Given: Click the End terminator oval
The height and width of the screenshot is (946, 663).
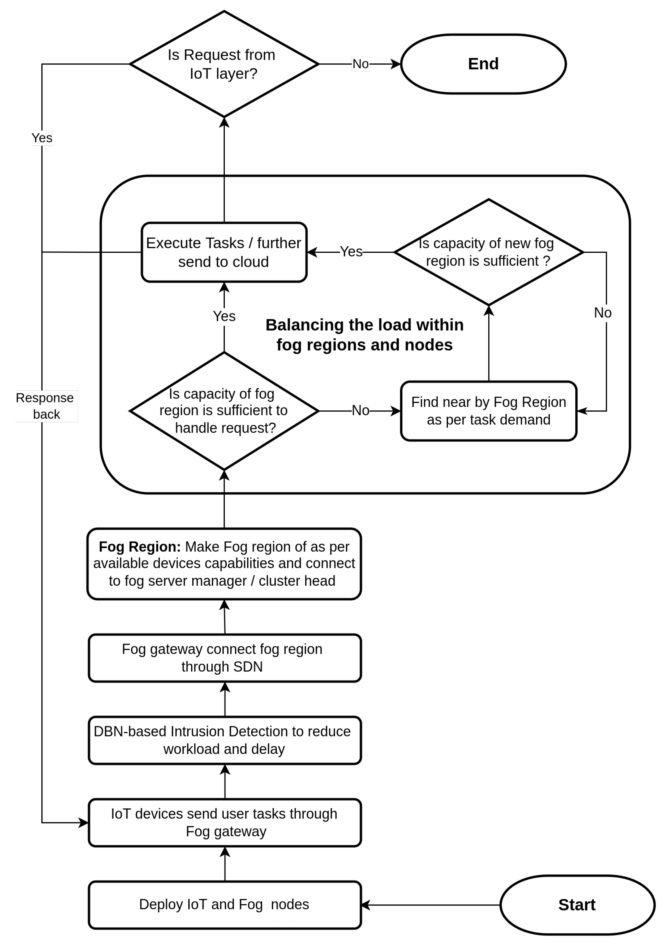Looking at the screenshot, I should click(483, 64).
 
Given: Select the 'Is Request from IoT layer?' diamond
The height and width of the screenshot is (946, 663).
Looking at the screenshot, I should click(224, 64).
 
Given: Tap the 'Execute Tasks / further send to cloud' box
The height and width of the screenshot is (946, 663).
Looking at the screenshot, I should click(224, 252).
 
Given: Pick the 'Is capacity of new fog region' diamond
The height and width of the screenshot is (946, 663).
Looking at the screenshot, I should click(489, 252).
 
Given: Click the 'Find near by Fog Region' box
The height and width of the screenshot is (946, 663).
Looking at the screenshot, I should click(489, 411).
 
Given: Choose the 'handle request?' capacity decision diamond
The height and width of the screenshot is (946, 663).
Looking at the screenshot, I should click(224, 411).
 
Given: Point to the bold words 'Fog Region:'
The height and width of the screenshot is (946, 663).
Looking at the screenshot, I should click(140, 547).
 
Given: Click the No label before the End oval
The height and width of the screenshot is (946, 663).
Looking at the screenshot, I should click(360, 64).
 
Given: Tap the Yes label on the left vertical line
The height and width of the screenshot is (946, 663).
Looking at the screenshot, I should click(42, 137).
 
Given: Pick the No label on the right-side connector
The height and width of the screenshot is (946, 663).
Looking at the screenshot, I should click(602, 313).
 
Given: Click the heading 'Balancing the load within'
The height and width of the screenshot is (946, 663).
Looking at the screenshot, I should click(364, 325).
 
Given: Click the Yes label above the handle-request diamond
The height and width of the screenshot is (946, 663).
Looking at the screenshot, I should click(224, 316).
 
